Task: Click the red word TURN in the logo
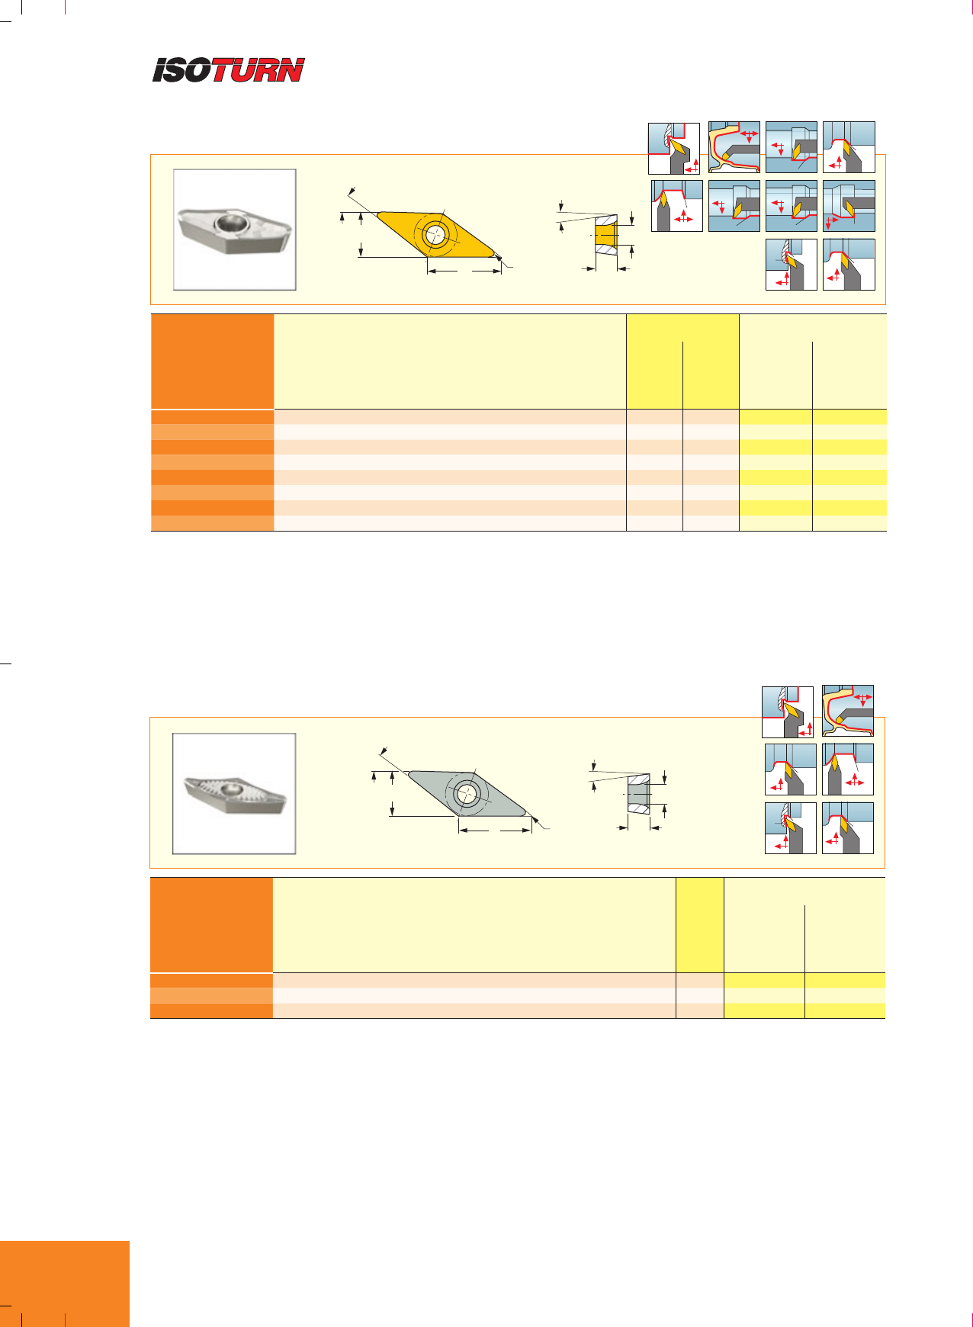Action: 258,70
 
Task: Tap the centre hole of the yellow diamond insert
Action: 434,234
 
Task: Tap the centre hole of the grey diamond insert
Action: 467,795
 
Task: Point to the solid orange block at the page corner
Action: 65,1284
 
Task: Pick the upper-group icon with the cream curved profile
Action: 734,147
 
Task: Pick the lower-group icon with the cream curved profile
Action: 848,711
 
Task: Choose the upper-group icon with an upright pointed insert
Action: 677,206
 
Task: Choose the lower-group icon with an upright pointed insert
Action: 848,770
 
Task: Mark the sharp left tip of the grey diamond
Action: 408,772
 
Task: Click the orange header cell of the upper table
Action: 213,361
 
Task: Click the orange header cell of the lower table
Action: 211,925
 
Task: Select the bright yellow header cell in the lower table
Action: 700,925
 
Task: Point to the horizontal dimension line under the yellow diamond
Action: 464,270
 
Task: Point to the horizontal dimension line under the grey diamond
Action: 494,830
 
